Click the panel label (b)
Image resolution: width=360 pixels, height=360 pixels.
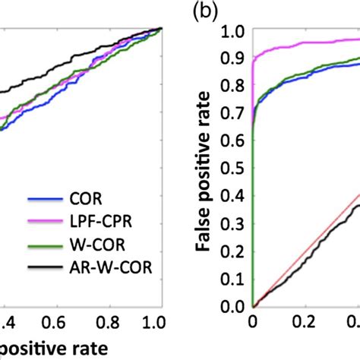(204, 12)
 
